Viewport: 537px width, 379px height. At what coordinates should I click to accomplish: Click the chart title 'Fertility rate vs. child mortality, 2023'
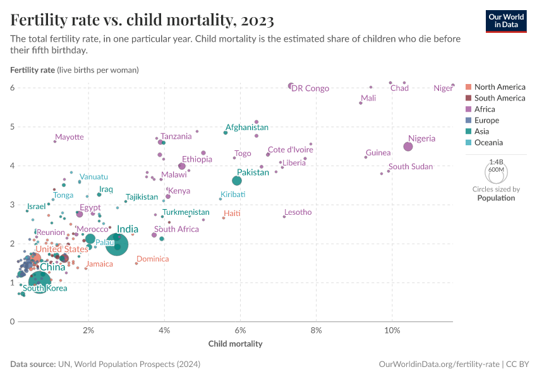(x=142, y=20)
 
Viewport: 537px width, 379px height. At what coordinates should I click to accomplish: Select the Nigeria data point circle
(x=408, y=147)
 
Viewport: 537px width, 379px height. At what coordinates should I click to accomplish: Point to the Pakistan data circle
(x=237, y=181)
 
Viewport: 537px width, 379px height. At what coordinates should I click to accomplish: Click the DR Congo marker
(x=291, y=86)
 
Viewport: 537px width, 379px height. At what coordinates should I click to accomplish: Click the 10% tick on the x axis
(x=392, y=330)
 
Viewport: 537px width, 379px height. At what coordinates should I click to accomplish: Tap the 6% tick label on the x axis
(x=240, y=330)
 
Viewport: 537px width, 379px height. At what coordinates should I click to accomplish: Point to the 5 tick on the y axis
(x=11, y=127)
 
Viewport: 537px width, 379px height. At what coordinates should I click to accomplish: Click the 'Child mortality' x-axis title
(x=235, y=344)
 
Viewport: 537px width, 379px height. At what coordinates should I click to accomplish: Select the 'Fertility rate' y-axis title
(x=32, y=69)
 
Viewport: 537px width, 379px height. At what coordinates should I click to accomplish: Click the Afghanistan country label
(x=247, y=127)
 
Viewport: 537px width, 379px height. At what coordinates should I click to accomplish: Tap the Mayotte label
(x=69, y=137)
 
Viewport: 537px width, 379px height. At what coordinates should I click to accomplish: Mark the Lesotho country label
(x=298, y=212)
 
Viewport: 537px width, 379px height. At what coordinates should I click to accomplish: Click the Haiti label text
(x=232, y=214)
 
